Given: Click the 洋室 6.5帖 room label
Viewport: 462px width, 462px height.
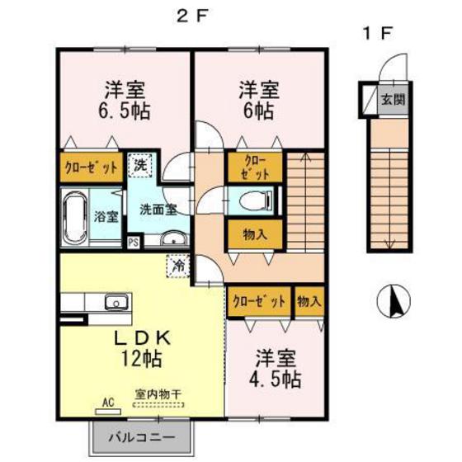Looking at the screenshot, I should tap(126, 100).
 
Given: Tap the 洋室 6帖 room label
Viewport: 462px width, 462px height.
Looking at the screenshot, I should tap(257, 98).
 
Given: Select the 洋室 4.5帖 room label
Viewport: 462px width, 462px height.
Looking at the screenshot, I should tap(276, 369).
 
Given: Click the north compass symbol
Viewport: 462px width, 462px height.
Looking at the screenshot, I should tap(394, 301).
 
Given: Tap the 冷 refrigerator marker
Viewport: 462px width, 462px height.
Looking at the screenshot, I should tap(178, 266).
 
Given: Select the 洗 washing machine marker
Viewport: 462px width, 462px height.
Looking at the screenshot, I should tap(141, 164).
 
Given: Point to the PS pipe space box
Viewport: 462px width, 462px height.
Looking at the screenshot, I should tap(133, 243).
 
